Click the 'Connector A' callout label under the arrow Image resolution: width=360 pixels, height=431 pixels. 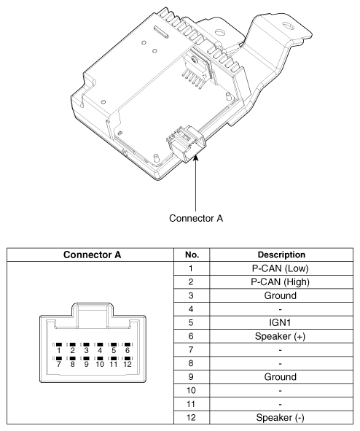tap(196, 218)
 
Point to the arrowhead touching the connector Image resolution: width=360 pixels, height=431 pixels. tap(196, 158)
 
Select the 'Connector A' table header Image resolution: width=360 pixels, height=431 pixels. tap(92, 255)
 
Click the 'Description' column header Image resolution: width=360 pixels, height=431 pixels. tap(281, 255)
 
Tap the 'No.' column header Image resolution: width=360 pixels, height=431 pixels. tap(192, 255)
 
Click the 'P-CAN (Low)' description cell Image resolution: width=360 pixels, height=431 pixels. tap(280, 268)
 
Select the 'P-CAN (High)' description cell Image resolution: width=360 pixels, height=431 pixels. tap(280, 281)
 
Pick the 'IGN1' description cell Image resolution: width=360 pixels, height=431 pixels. tap(280, 322)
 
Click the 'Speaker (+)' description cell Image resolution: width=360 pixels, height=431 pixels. tap(280, 336)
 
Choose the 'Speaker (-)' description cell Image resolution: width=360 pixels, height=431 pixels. tap(280, 418)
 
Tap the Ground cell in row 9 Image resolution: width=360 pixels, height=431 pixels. tap(280, 377)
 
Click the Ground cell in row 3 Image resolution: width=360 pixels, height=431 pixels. tap(280, 295)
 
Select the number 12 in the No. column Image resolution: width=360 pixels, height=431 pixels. tap(191, 418)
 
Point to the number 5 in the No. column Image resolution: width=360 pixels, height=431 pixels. tap(191, 322)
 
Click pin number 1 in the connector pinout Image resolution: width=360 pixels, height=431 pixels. tap(59, 350)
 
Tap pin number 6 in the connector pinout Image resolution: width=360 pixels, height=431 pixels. tap(127, 350)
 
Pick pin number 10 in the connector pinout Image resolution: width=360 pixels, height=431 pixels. tap(100, 364)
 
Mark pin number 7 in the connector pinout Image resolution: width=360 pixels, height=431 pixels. tap(59, 364)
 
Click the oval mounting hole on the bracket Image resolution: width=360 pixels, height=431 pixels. tap(288, 26)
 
